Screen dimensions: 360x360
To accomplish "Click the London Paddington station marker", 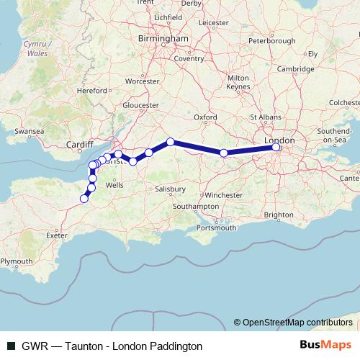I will [x=276, y=148].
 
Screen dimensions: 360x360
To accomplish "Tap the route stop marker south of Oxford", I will [x=224, y=153].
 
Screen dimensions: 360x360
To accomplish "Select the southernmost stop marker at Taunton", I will [x=84, y=199].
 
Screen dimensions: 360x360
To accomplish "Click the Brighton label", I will [x=279, y=215].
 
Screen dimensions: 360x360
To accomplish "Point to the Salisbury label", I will [x=170, y=189].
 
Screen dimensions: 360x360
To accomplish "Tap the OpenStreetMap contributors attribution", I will [x=297, y=323].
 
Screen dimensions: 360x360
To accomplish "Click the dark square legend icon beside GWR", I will [x=11, y=346].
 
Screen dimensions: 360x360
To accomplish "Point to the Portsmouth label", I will [x=216, y=228].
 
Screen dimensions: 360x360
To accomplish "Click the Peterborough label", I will [x=271, y=41].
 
